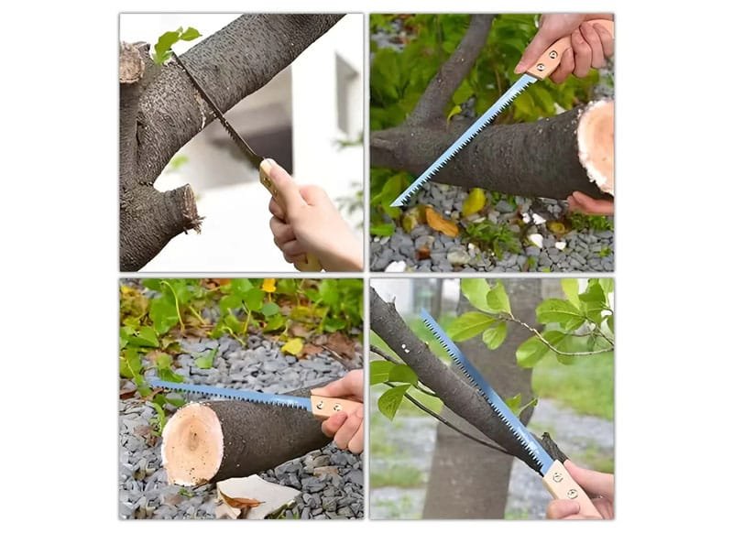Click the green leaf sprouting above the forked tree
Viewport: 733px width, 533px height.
point(173,42)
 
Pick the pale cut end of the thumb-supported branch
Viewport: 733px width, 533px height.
point(596,147)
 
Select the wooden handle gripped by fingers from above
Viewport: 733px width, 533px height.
point(551,60)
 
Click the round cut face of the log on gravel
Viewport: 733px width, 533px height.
point(193,442)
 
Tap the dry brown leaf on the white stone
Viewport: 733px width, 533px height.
point(240,500)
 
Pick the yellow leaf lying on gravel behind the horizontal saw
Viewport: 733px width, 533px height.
point(292,346)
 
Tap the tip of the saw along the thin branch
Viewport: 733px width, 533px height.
point(423,316)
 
